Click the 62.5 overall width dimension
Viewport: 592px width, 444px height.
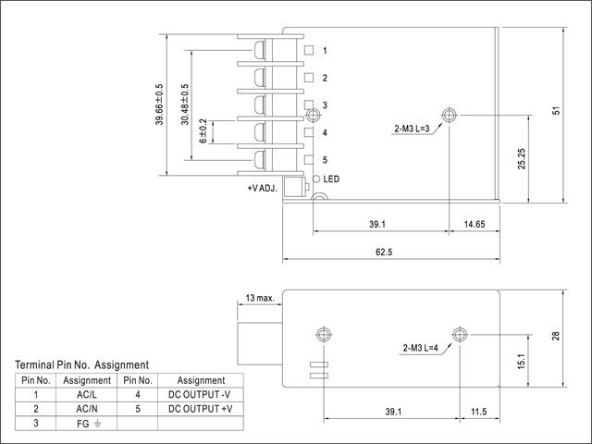tap(385, 251)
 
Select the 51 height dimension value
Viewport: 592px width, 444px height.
tap(556, 109)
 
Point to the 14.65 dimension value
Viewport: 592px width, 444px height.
tap(474, 223)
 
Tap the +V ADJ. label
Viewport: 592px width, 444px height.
tap(263, 188)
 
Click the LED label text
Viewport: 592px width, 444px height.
tap(331, 179)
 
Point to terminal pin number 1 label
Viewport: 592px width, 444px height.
tap(325, 51)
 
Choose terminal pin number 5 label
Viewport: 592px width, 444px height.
tap(325, 160)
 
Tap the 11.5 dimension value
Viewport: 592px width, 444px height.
tap(478, 412)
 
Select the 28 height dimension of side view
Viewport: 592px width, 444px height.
tap(556, 336)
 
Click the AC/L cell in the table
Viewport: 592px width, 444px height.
tap(87, 394)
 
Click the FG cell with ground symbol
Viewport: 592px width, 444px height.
tap(87, 422)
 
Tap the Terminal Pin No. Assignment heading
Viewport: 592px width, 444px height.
tap(81, 365)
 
